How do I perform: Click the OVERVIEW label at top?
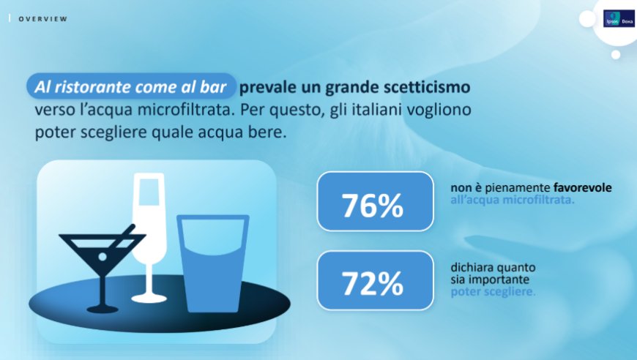pyautogui.click(x=43, y=19)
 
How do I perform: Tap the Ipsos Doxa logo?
pyautogui.click(x=619, y=19)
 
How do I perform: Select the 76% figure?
pyautogui.click(x=373, y=206)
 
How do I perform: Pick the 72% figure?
pyautogui.click(x=373, y=283)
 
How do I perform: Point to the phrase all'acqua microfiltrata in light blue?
pyautogui.click(x=513, y=200)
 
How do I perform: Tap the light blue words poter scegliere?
pyautogui.click(x=493, y=292)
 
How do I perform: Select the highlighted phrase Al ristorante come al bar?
pyautogui.click(x=130, y=87)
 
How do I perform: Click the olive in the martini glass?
pyautogui.click(x=103, y=257)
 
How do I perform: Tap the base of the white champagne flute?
pyautogui.click(x=149, y=299)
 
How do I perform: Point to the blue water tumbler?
pyautogui.click(x=213, y=264)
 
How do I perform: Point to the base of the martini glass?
pyautogui.click(x=103, y=310)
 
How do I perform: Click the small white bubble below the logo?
pyautogui.click(x=616, y=54)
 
